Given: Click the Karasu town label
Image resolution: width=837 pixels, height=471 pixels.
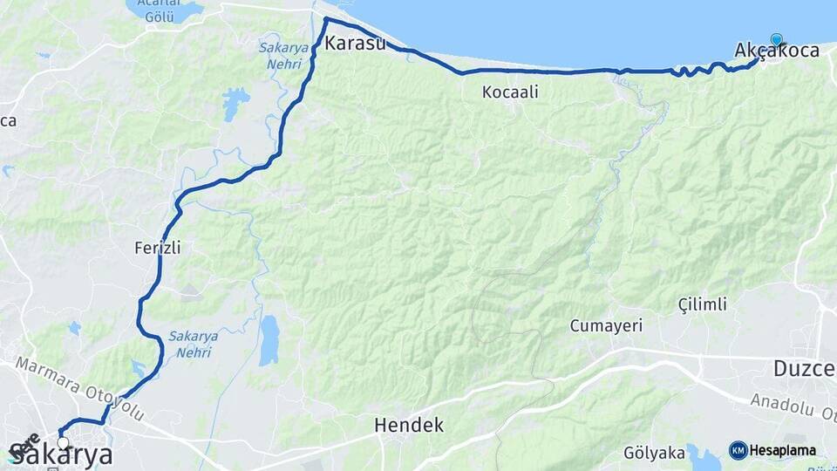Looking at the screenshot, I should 355,43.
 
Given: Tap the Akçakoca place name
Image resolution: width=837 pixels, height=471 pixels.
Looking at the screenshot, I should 777,51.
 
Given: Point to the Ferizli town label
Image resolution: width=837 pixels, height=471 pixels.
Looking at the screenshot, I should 158,248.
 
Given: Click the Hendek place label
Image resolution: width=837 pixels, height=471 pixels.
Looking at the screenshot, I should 409,426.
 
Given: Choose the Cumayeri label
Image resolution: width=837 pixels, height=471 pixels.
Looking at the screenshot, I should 606,326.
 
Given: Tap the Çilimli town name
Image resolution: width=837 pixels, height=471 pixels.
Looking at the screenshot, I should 702,304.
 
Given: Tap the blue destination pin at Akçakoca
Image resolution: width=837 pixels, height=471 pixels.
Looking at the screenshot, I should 776,39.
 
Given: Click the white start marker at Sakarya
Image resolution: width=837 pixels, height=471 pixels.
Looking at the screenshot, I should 63,443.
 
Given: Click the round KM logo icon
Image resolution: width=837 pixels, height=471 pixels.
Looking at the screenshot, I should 738,450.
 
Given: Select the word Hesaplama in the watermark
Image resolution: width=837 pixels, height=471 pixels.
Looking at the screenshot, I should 782,451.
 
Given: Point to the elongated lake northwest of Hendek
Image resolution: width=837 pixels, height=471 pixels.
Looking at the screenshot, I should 269,339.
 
